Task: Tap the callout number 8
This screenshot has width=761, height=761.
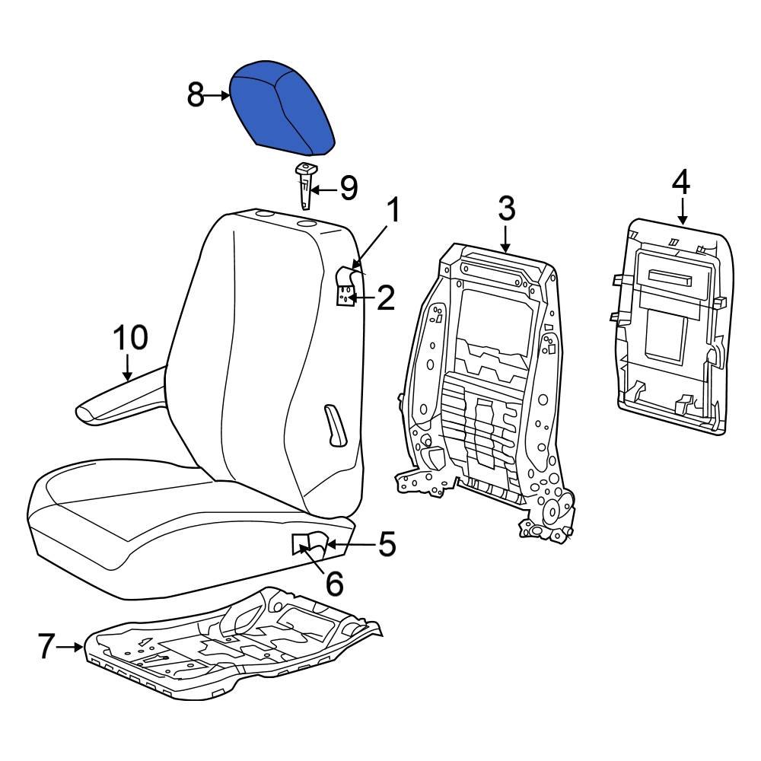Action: coord(196,96)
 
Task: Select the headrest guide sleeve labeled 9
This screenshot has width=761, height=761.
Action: coord(305,184)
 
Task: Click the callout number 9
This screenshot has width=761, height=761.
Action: coord(349,188)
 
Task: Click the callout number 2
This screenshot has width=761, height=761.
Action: coord(385,298)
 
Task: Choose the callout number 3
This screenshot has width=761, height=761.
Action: coord(507,207)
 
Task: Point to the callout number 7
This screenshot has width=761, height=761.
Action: coord(46,647)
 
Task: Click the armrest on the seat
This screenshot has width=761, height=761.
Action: coord(122,397)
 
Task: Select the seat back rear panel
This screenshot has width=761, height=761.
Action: coord(673,327)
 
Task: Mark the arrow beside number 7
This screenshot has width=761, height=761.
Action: coord(72,647)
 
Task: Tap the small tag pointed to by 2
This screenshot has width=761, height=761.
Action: coord(345,295)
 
